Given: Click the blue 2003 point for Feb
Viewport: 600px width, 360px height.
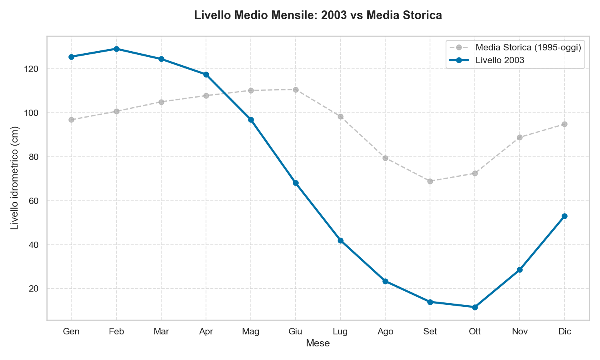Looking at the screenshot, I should tap(116, 49).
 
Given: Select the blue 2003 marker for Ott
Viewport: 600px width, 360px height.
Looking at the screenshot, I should tap(475, 307).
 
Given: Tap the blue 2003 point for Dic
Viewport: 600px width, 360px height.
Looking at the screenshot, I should tap(564, 216).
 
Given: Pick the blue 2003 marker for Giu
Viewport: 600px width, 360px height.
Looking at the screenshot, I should tap(296, 183).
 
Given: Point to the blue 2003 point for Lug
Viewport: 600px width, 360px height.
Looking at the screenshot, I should tap(340, 240).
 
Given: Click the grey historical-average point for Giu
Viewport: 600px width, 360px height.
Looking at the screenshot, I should tap(296, 90).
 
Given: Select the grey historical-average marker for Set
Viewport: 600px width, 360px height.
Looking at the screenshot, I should tap(430, 181).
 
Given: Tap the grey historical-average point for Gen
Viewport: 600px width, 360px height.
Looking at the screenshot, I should tap(71, 120).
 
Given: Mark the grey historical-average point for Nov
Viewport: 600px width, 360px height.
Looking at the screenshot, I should tap(520, 137).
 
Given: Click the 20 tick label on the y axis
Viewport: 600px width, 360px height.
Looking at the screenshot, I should tap(34, 288).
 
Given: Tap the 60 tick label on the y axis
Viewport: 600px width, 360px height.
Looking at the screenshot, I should tap(34, 201).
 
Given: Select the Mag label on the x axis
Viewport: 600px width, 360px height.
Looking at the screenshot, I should tap(251, 332).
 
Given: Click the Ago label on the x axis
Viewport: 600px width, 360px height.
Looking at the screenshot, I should tap(385, 332).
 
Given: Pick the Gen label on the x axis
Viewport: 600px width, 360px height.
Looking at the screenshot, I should tap(71, 332).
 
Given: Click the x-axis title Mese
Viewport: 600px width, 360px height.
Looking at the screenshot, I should tap(318, 343).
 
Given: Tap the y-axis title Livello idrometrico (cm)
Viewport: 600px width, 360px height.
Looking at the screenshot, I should tap(15, 178).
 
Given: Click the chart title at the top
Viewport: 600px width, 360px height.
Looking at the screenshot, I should tap(318, 16).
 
